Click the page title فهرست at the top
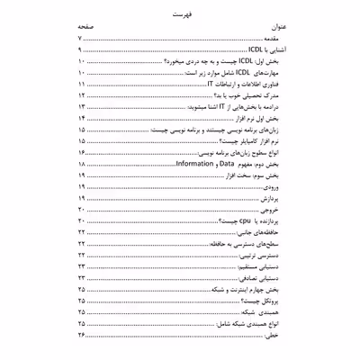click(180, 15)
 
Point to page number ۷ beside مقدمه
click(81, 42)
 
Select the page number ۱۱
click(81, 94)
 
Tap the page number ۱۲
click(81, 106)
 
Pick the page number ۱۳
click(81, 119)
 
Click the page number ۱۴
click(81, 131)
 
